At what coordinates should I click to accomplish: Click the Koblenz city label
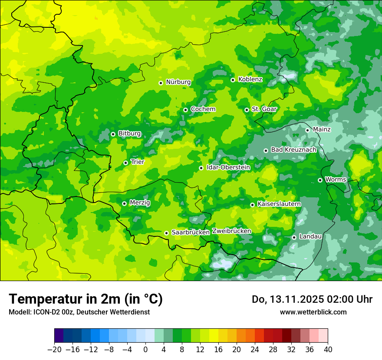coord(250,79)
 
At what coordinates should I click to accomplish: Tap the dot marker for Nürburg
coord(161,82)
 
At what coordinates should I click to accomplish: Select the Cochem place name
coord(203,109)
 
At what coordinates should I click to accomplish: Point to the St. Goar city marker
coord(247,110)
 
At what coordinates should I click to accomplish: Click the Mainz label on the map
coord(322,130)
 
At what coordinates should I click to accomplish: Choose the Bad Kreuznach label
coord(293,150)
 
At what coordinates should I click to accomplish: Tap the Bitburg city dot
coord(113,134)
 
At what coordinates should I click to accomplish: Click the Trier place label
coord(137,162)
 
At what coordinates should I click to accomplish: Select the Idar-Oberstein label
coord(228,167)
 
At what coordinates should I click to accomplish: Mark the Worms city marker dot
coord(320,180)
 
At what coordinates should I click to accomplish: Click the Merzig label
coord(140,203)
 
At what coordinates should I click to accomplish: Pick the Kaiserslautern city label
coord(279,204)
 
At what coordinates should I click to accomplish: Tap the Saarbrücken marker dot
coord(166,233)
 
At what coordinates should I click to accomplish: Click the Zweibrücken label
coord(231,231)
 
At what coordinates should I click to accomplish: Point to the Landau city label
coord(310,236)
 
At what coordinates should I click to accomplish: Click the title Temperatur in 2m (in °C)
coord(86,299)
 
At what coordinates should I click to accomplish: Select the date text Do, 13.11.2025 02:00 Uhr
coord(312,299)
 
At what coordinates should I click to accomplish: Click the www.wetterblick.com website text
coord(313,312)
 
